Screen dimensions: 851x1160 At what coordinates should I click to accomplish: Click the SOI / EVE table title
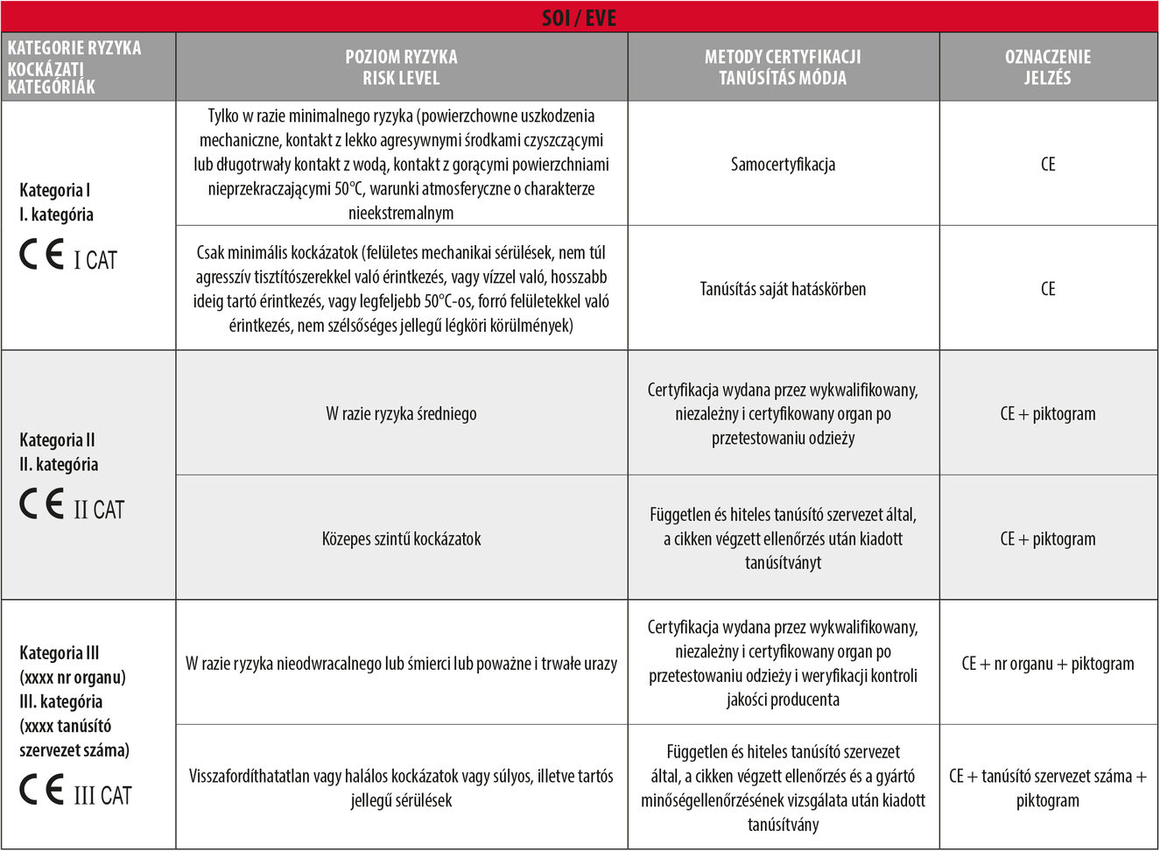coord(579,18)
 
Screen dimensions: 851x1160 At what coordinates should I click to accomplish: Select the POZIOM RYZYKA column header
coord(401,67)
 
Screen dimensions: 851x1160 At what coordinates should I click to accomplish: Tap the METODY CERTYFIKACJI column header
coord(783,67)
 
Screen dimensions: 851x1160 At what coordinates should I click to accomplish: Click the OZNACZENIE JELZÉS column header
coord(1047,67)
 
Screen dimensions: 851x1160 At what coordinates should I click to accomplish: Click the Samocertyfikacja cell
coord(783,165)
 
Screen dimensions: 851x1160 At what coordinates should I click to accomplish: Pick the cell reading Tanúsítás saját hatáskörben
coord(783,289)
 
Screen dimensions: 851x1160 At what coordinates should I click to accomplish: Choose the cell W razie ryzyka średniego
coord(401,414)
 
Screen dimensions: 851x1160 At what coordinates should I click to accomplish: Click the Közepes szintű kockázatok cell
coord(401,539)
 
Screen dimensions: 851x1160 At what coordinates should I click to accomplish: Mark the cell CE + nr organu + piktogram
coord(1047,664)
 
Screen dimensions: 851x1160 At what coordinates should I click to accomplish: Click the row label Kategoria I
coord(55,190)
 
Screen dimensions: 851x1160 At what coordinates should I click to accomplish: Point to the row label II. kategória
coord(59,464)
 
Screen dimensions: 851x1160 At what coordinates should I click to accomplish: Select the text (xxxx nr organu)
coord(73,677)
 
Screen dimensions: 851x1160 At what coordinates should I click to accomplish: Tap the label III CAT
coord(102,796)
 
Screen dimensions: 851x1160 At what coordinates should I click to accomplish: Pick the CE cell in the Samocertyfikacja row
coord(1047,165)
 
